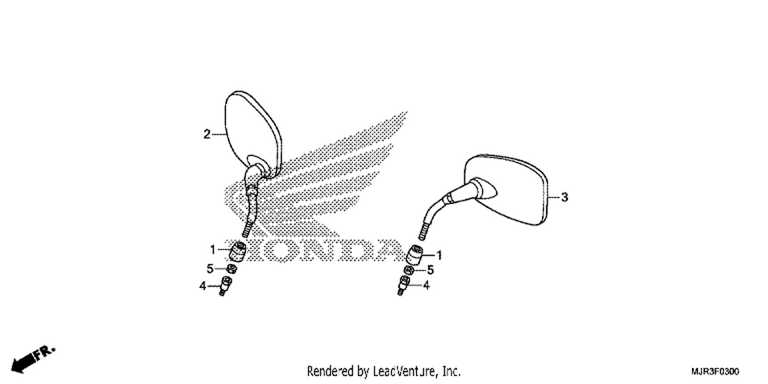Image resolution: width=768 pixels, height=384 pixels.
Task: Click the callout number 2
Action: pos(207,134)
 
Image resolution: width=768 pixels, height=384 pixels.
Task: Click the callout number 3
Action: pos(564,197)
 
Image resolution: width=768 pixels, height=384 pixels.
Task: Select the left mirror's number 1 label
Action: pos(212,250)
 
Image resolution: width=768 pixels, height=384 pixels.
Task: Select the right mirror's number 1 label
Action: pos(439,255)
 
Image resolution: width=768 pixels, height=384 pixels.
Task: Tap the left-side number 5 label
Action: pos(210,269)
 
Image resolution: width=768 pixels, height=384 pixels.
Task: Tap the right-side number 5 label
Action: pos(430,270)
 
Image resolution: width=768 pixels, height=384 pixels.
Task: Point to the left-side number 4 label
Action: pos(203,286)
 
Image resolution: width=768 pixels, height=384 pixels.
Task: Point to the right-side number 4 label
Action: pos(426,285)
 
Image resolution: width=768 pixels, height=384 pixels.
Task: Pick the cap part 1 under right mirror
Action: pos(414,255)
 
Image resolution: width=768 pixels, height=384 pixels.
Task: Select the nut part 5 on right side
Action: pos(409,270)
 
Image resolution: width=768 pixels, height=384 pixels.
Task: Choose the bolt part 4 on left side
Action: pos(226,286)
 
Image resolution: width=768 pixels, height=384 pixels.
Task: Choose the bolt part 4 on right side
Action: pos(403,285)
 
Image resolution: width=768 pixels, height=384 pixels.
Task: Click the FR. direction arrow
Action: pos(33,360)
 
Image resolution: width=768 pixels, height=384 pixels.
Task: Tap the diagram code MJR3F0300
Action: pos(715,371)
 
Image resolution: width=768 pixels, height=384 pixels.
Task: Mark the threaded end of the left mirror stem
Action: pos(247,229)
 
